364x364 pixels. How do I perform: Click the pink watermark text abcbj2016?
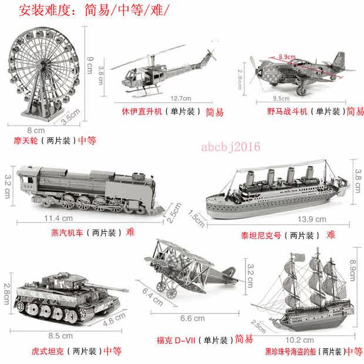tap(231, 147)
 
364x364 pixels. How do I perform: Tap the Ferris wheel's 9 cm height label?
tap(90, 65)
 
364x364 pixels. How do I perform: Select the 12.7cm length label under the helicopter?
tap(181, 99)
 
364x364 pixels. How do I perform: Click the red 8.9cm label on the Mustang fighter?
tap(287, 56)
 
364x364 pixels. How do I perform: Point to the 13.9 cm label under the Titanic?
tap(312, 219)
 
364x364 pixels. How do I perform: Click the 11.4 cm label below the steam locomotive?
tap(59, 218)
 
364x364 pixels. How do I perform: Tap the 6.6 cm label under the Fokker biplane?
tap(193, 318)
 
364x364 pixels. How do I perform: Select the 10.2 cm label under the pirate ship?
tap(299, 340)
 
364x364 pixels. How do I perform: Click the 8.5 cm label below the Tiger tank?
tap(60, 336)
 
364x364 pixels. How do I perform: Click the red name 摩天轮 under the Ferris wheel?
tap(26, 141)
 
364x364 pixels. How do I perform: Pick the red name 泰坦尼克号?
tap(261, 235)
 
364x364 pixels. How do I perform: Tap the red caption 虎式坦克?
tap(48, 351)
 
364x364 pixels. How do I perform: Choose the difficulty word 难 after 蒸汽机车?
tap(130, 232)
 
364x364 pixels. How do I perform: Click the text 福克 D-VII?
tap(176, 341)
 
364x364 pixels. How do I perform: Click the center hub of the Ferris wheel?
tap(43, 65)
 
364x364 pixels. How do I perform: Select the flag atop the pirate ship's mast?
tap(299, 257)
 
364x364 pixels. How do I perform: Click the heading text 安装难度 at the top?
tap(44, 11)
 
